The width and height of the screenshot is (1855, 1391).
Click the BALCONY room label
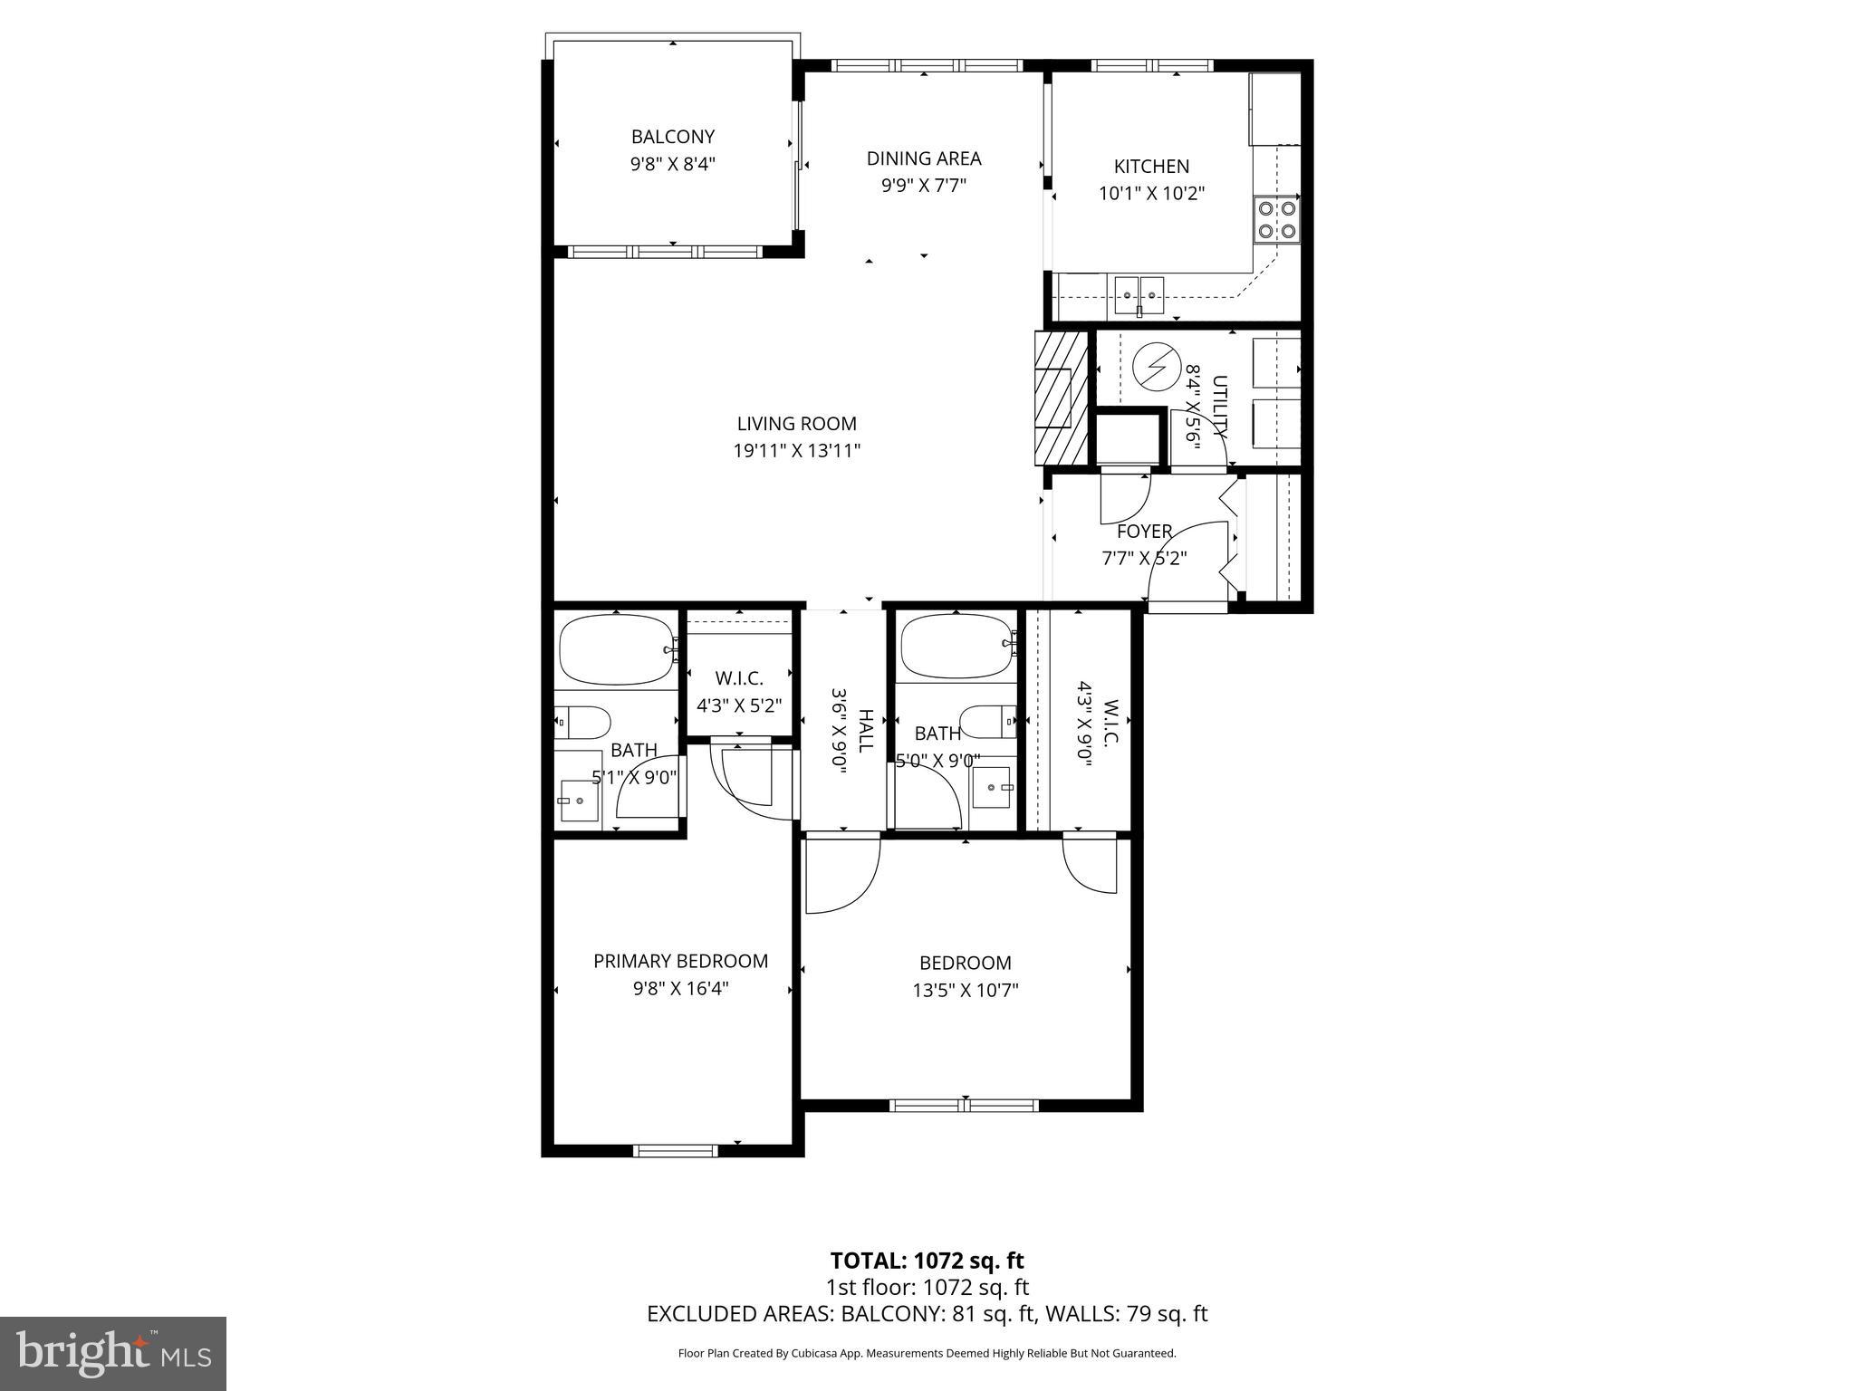pos(672,137)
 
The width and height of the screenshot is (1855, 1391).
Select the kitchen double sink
pos(1139,292)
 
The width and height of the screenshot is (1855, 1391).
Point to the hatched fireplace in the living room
pos(1061,398)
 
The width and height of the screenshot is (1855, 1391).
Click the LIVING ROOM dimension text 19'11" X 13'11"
pos(796,451)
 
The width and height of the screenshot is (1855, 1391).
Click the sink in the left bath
pos(578,801)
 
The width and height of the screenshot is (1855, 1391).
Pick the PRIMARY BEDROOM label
pos(680,961)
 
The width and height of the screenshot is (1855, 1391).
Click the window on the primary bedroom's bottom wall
pos(675,1150)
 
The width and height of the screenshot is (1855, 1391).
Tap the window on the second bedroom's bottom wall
pos(964,1105)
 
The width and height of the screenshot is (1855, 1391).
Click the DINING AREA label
pos(923,158)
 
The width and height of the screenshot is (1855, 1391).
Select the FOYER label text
pos(1144,532)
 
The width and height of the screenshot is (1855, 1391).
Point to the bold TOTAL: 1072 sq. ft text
pos(927,1261)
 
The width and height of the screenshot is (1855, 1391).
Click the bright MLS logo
pos(113,1354)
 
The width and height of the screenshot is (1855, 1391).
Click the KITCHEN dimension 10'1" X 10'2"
pos(1151,194)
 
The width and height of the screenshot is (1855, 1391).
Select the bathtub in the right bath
pos(956,646)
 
